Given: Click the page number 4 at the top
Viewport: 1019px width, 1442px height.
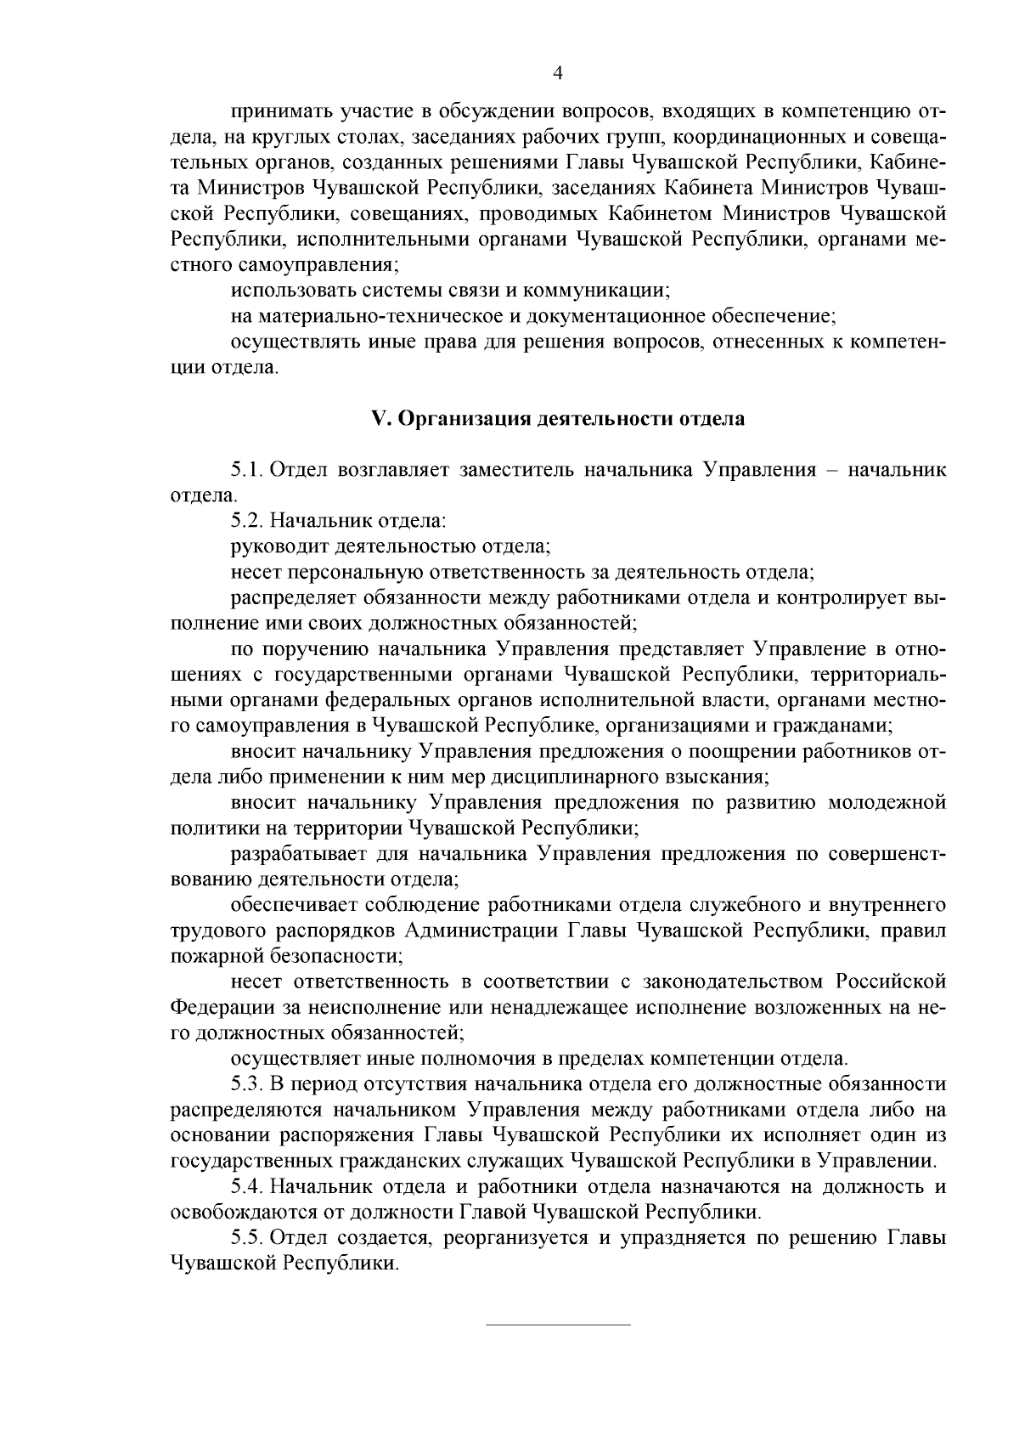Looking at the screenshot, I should [557, 73].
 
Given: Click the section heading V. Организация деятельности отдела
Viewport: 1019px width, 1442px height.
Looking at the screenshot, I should [558, 419].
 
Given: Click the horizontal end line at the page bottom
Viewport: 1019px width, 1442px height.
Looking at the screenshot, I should [558, 1325].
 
